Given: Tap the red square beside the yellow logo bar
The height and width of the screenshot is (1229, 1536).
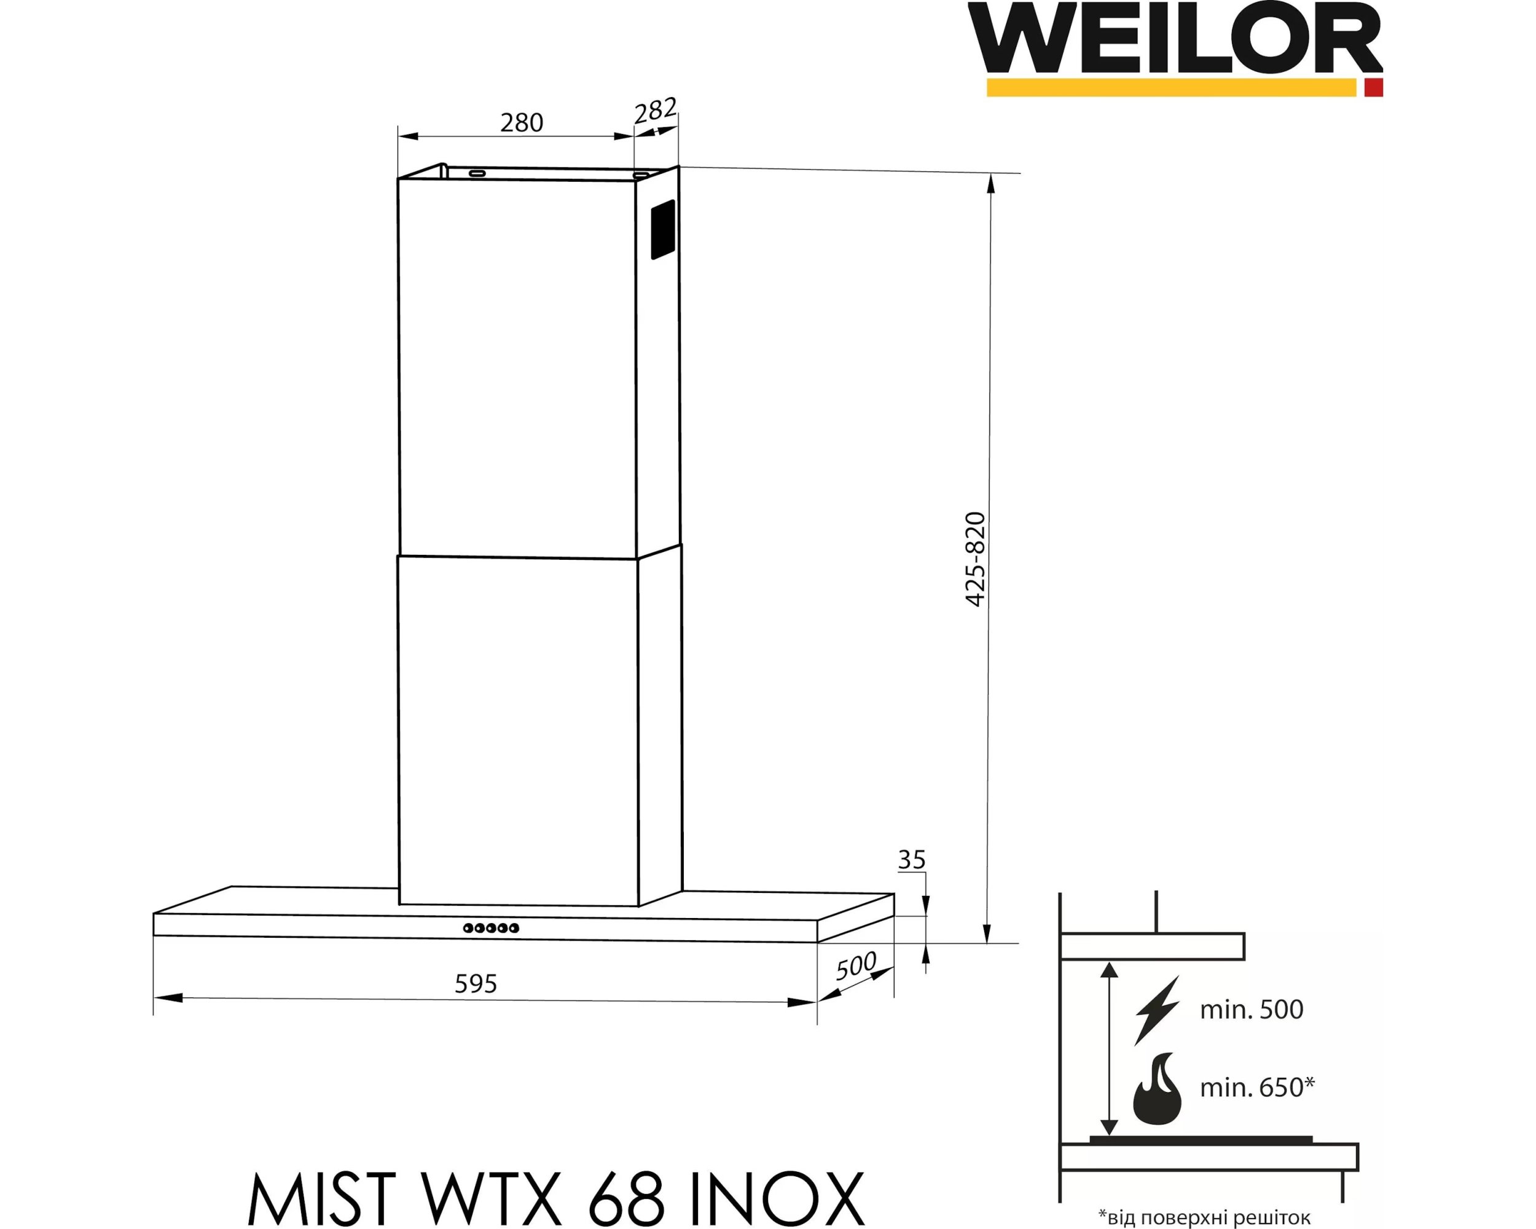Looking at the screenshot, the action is (x=1374, y=88).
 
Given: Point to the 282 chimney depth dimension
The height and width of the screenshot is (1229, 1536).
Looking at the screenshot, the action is (x=655, y=111).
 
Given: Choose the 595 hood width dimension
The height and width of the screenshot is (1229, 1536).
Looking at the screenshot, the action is (x=476, y=984).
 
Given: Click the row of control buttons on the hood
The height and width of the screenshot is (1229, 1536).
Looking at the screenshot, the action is (x=491, y=928).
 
